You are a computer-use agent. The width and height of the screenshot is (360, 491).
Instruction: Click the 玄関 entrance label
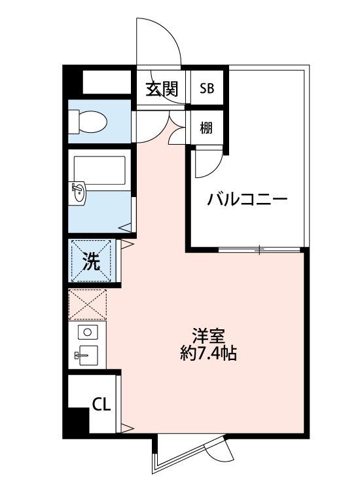tap(162, 88)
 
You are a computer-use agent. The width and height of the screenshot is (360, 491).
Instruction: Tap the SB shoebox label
tap(207, 88)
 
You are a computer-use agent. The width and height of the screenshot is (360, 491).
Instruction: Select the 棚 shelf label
tap(206, 128)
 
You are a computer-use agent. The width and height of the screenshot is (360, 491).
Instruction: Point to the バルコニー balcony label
tap(247, 199)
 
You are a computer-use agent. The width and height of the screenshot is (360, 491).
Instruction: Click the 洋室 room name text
tap(209, 336)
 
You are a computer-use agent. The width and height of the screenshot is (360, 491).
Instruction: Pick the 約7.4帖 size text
tap(208, 354)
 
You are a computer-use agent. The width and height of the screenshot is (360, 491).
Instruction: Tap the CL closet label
tap(101, 405)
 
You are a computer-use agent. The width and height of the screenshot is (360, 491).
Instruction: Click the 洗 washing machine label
tap(92, 261)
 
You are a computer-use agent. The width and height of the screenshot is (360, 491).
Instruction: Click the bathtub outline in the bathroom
tap(99, 170)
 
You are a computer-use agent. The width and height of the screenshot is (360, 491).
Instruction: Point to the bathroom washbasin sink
tap(77, 194)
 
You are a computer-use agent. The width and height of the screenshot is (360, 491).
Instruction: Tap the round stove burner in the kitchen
tap(88, 332)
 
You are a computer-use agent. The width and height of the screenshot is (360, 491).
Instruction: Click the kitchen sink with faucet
tap(87, 355)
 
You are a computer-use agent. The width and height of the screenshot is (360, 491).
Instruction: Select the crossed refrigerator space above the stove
tap(88, 304)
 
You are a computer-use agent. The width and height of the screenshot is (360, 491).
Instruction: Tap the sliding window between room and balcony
tap(259, 249)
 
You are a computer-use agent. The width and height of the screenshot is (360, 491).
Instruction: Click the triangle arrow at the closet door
tap(128, 427)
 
